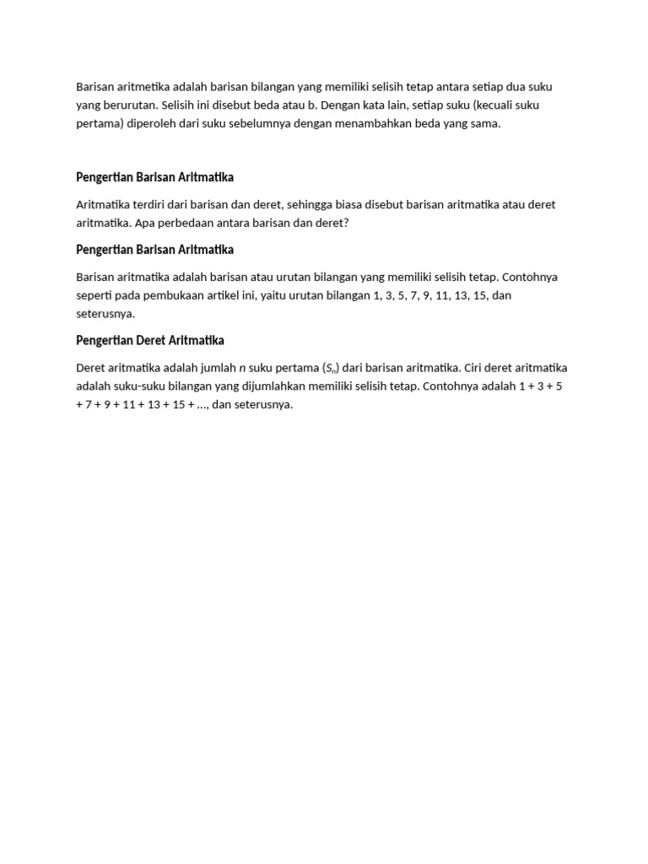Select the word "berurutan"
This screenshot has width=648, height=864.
127,105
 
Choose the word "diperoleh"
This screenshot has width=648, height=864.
148,123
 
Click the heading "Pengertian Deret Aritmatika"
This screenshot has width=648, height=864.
150,340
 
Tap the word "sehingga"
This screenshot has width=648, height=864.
287,204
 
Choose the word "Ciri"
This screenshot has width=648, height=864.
475,368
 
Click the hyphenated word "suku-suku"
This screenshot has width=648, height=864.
141,386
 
